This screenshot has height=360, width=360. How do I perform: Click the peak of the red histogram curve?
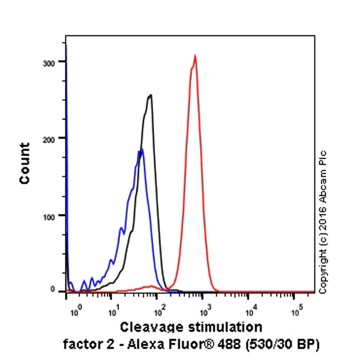195,56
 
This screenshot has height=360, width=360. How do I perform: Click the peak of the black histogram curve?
150,95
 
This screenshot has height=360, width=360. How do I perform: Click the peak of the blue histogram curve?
141,150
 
